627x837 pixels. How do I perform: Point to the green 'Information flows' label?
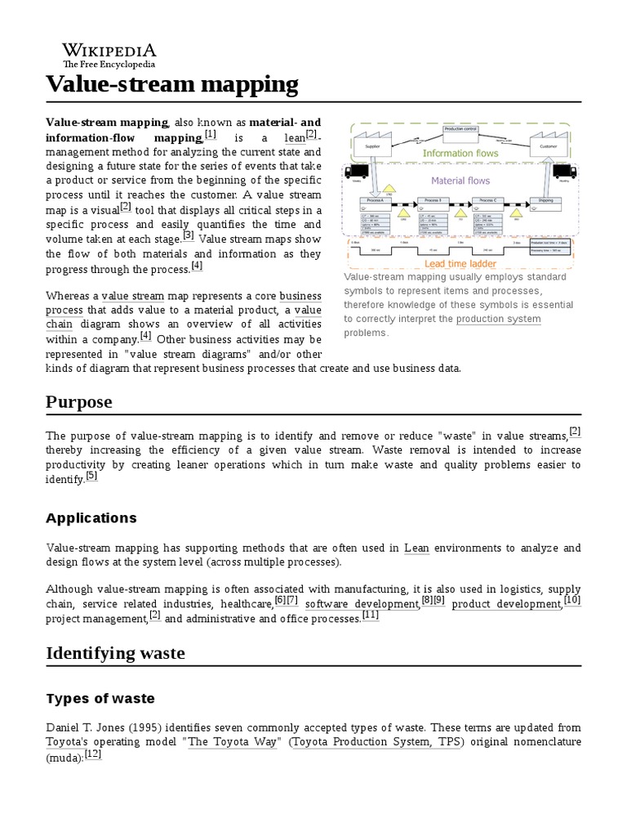click(460, 153)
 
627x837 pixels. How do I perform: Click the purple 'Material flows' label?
click(460, 181)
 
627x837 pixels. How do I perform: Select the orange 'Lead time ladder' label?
click(460, 263)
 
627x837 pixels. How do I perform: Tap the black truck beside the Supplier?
click(356, 172)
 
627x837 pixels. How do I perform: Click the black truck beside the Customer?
click(564, 172)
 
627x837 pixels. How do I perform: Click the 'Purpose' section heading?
click(79, 402)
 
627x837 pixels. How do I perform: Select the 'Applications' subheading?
click(91, 518)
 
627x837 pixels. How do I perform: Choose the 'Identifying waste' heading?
click(115, 653)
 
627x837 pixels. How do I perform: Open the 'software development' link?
click(362, 604)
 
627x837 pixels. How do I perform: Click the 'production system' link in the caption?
click(498, 319)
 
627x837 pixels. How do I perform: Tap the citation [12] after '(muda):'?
click(93, 754)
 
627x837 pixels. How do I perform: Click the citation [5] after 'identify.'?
click(91, 477)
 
